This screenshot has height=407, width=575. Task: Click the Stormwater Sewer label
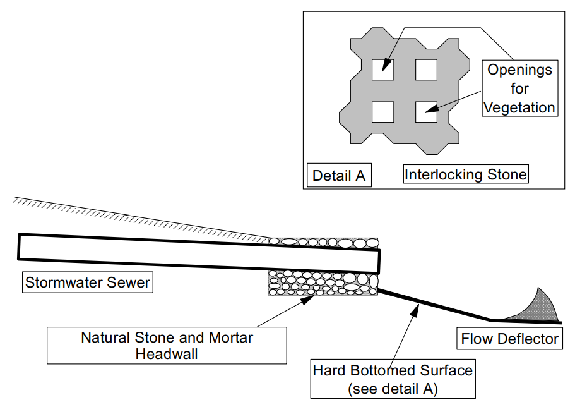87,282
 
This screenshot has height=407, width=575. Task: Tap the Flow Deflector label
509,339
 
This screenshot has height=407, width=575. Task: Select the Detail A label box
339,175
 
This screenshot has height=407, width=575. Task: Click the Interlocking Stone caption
465,174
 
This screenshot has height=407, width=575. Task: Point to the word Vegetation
519,107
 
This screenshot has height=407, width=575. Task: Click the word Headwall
166,354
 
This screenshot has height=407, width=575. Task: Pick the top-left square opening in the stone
382,69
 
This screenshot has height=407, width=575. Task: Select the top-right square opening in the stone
427,69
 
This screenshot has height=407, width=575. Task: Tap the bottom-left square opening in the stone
382,111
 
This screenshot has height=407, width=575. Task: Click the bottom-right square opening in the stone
427,111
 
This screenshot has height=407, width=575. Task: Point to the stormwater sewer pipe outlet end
376,260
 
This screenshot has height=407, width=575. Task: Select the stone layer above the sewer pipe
323,242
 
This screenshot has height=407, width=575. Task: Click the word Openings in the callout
519,70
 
